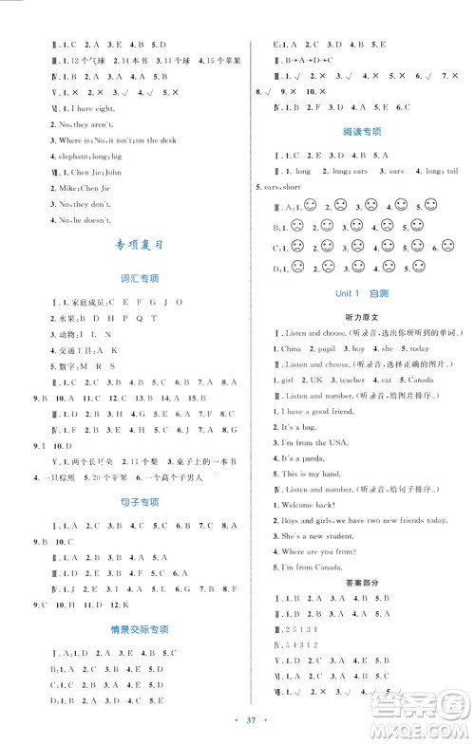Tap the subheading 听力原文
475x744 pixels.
pos(360,320)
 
